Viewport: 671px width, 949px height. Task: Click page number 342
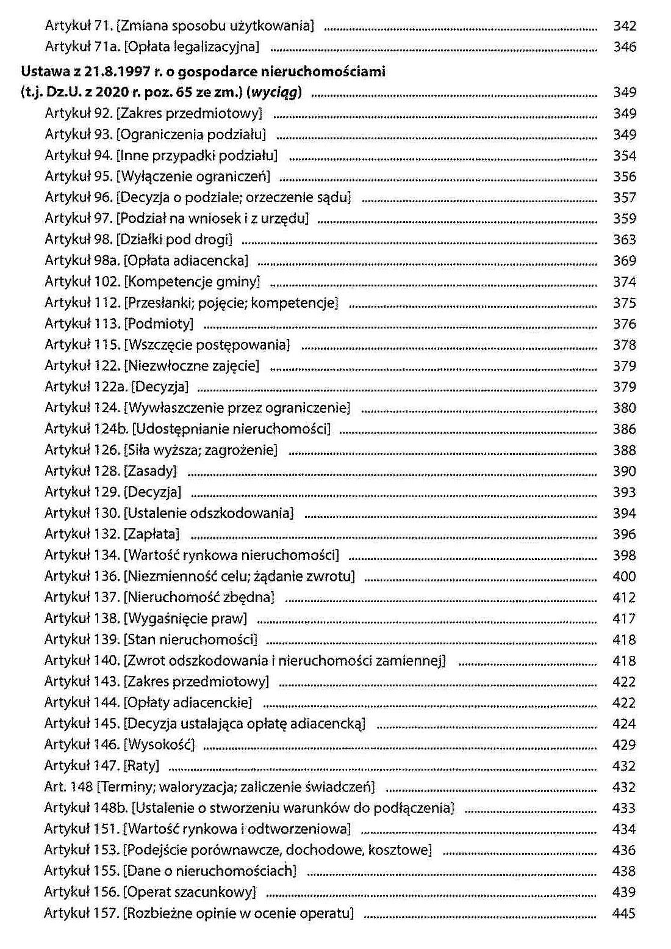[x=624, y=26]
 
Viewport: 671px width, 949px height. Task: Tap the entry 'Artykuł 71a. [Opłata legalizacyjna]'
[x=152, y=46]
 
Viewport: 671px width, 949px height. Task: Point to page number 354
[x=624, y=156]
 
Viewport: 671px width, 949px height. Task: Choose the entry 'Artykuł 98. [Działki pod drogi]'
[x=138, y=239]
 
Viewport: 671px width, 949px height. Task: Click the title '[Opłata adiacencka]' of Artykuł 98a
[x=186, y=261]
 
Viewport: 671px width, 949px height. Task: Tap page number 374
[x=624, y=282]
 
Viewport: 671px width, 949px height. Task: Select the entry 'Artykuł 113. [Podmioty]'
[x=119, y=324]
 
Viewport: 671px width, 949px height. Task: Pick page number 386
[x=624, y=429]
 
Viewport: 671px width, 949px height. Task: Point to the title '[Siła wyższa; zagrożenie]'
[x=201, y=450]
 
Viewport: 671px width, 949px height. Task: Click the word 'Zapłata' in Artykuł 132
[x=152, y=534]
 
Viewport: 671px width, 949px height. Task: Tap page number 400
[x=624, y=576]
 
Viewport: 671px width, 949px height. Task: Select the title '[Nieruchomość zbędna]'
[x=199, y=597]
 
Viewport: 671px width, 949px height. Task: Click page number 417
[x=624, y=619]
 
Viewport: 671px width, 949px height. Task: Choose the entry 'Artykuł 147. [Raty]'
[x=102, y=766]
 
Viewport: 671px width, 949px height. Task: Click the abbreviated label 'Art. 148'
[x=68, y=787]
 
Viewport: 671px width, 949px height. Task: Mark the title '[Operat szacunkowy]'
[x=189, y=892]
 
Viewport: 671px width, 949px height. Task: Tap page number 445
[x=623, y=914]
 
